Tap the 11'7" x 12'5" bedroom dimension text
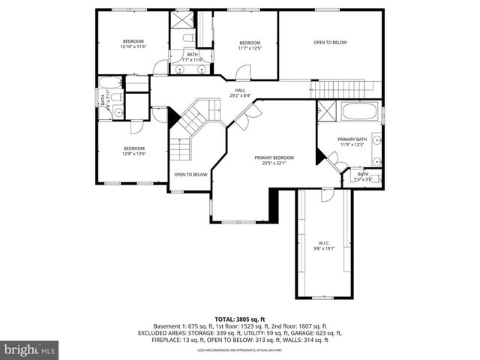tap(249, 48)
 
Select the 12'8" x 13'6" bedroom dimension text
tap(133, 154)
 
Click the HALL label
tap(240, 91)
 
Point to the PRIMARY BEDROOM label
tap(274, 157)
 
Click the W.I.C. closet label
tap(324, 243)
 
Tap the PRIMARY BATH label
tap(352, 139)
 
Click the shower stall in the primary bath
tap(326, 112)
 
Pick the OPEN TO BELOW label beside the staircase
tap(190, 175)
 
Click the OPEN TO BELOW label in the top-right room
tap(330, 43)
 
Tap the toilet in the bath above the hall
tap(190, 37)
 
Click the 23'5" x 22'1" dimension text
tap(274, 163)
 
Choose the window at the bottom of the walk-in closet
tap(322, 298)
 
